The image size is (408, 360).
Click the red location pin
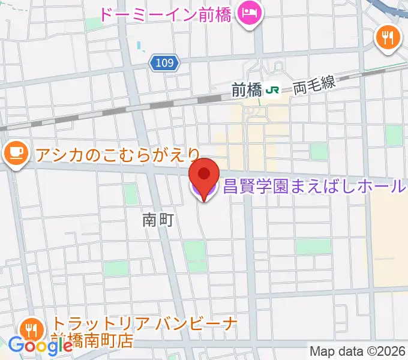click(204, 175)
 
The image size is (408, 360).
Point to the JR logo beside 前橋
click(274, 91)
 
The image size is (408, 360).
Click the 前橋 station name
click(247, 91)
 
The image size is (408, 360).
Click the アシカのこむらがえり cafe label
click(117, 155)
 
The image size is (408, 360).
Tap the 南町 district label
click(158, 221)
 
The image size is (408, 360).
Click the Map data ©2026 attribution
click(358, 351)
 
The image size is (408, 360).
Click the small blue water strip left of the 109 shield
click(140, 45)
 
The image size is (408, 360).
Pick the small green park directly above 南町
click(131, 193)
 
